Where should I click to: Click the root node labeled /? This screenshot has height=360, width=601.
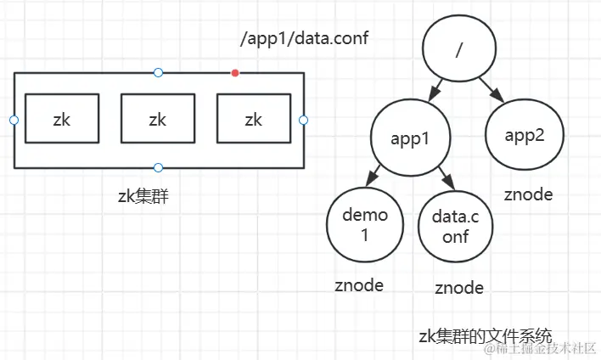pos(459,50)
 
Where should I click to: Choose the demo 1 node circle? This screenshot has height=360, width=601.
pos(364,225)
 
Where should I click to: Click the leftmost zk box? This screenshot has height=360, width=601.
pos(62,119)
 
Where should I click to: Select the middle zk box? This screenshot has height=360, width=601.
pos(158,119)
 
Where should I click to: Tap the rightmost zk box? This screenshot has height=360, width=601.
pos(254,119)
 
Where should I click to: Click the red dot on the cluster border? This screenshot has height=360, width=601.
pos(235,73)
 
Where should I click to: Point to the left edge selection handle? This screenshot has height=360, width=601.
pos(14,120)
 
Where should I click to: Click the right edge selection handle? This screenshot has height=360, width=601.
pos(303,120)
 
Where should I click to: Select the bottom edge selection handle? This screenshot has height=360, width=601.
pos(158,167)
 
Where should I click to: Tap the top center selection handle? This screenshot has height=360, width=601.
pos(158,73)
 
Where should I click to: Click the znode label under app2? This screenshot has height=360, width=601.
pos(528,194)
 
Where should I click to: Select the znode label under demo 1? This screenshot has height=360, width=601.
pos(358,285)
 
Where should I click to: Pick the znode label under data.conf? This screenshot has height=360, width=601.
pos(459,288)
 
